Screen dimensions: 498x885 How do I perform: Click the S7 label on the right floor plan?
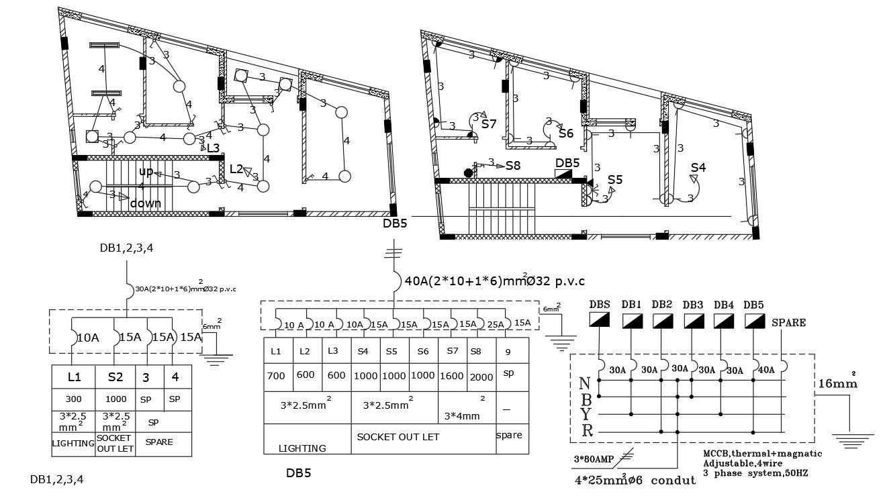click(x=488, y=124)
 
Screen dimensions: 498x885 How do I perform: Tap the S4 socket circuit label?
click(x=698, y=167)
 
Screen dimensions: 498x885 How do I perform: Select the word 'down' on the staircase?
click(x=146, y=203)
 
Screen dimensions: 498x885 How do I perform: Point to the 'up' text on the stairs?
click(x=146, y=171)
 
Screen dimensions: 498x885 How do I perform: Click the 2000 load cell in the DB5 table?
click(x=481, y=377)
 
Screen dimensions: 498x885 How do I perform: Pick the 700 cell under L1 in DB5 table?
click(x=276, y=376)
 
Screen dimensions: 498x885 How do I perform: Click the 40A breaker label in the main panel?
click(x=766, y=368)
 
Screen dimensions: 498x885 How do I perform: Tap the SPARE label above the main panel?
click(x=788, y=322)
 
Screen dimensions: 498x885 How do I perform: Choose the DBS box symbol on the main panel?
click(x=599, y=321)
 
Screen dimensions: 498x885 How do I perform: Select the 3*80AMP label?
click(x=590, y=460)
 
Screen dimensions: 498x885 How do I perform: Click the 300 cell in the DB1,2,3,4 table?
click(x=73, y=399)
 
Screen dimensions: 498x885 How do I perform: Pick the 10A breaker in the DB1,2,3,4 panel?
click(x=87, y=338)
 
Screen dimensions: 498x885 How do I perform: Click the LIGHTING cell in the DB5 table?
click(x=302, y=448)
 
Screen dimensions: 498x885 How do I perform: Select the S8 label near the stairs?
click(x=513, y=165)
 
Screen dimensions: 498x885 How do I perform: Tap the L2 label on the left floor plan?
click(x=236, y=169)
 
